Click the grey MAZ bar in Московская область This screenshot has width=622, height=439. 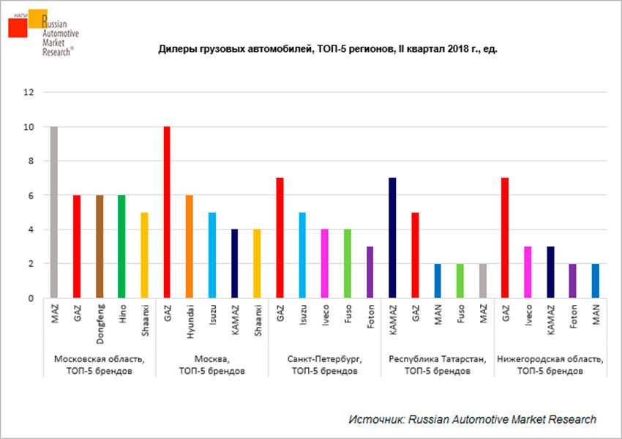54,213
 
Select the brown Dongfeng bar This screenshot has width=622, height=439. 99,246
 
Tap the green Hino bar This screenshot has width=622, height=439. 121,246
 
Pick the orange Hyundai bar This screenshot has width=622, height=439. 189,246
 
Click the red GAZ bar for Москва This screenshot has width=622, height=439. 167,213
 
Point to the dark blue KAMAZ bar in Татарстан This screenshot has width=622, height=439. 392,238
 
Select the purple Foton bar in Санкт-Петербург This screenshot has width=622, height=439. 370,272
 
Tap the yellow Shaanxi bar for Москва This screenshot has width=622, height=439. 256,264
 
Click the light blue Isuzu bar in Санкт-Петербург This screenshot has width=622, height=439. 302,255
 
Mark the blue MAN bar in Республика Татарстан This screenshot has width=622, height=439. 437,281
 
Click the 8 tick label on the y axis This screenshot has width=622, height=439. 31,161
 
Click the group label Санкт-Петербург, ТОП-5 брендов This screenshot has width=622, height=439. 324,365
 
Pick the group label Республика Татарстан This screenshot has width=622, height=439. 437,360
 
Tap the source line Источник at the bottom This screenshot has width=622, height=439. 472,419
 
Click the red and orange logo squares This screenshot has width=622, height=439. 26,23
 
